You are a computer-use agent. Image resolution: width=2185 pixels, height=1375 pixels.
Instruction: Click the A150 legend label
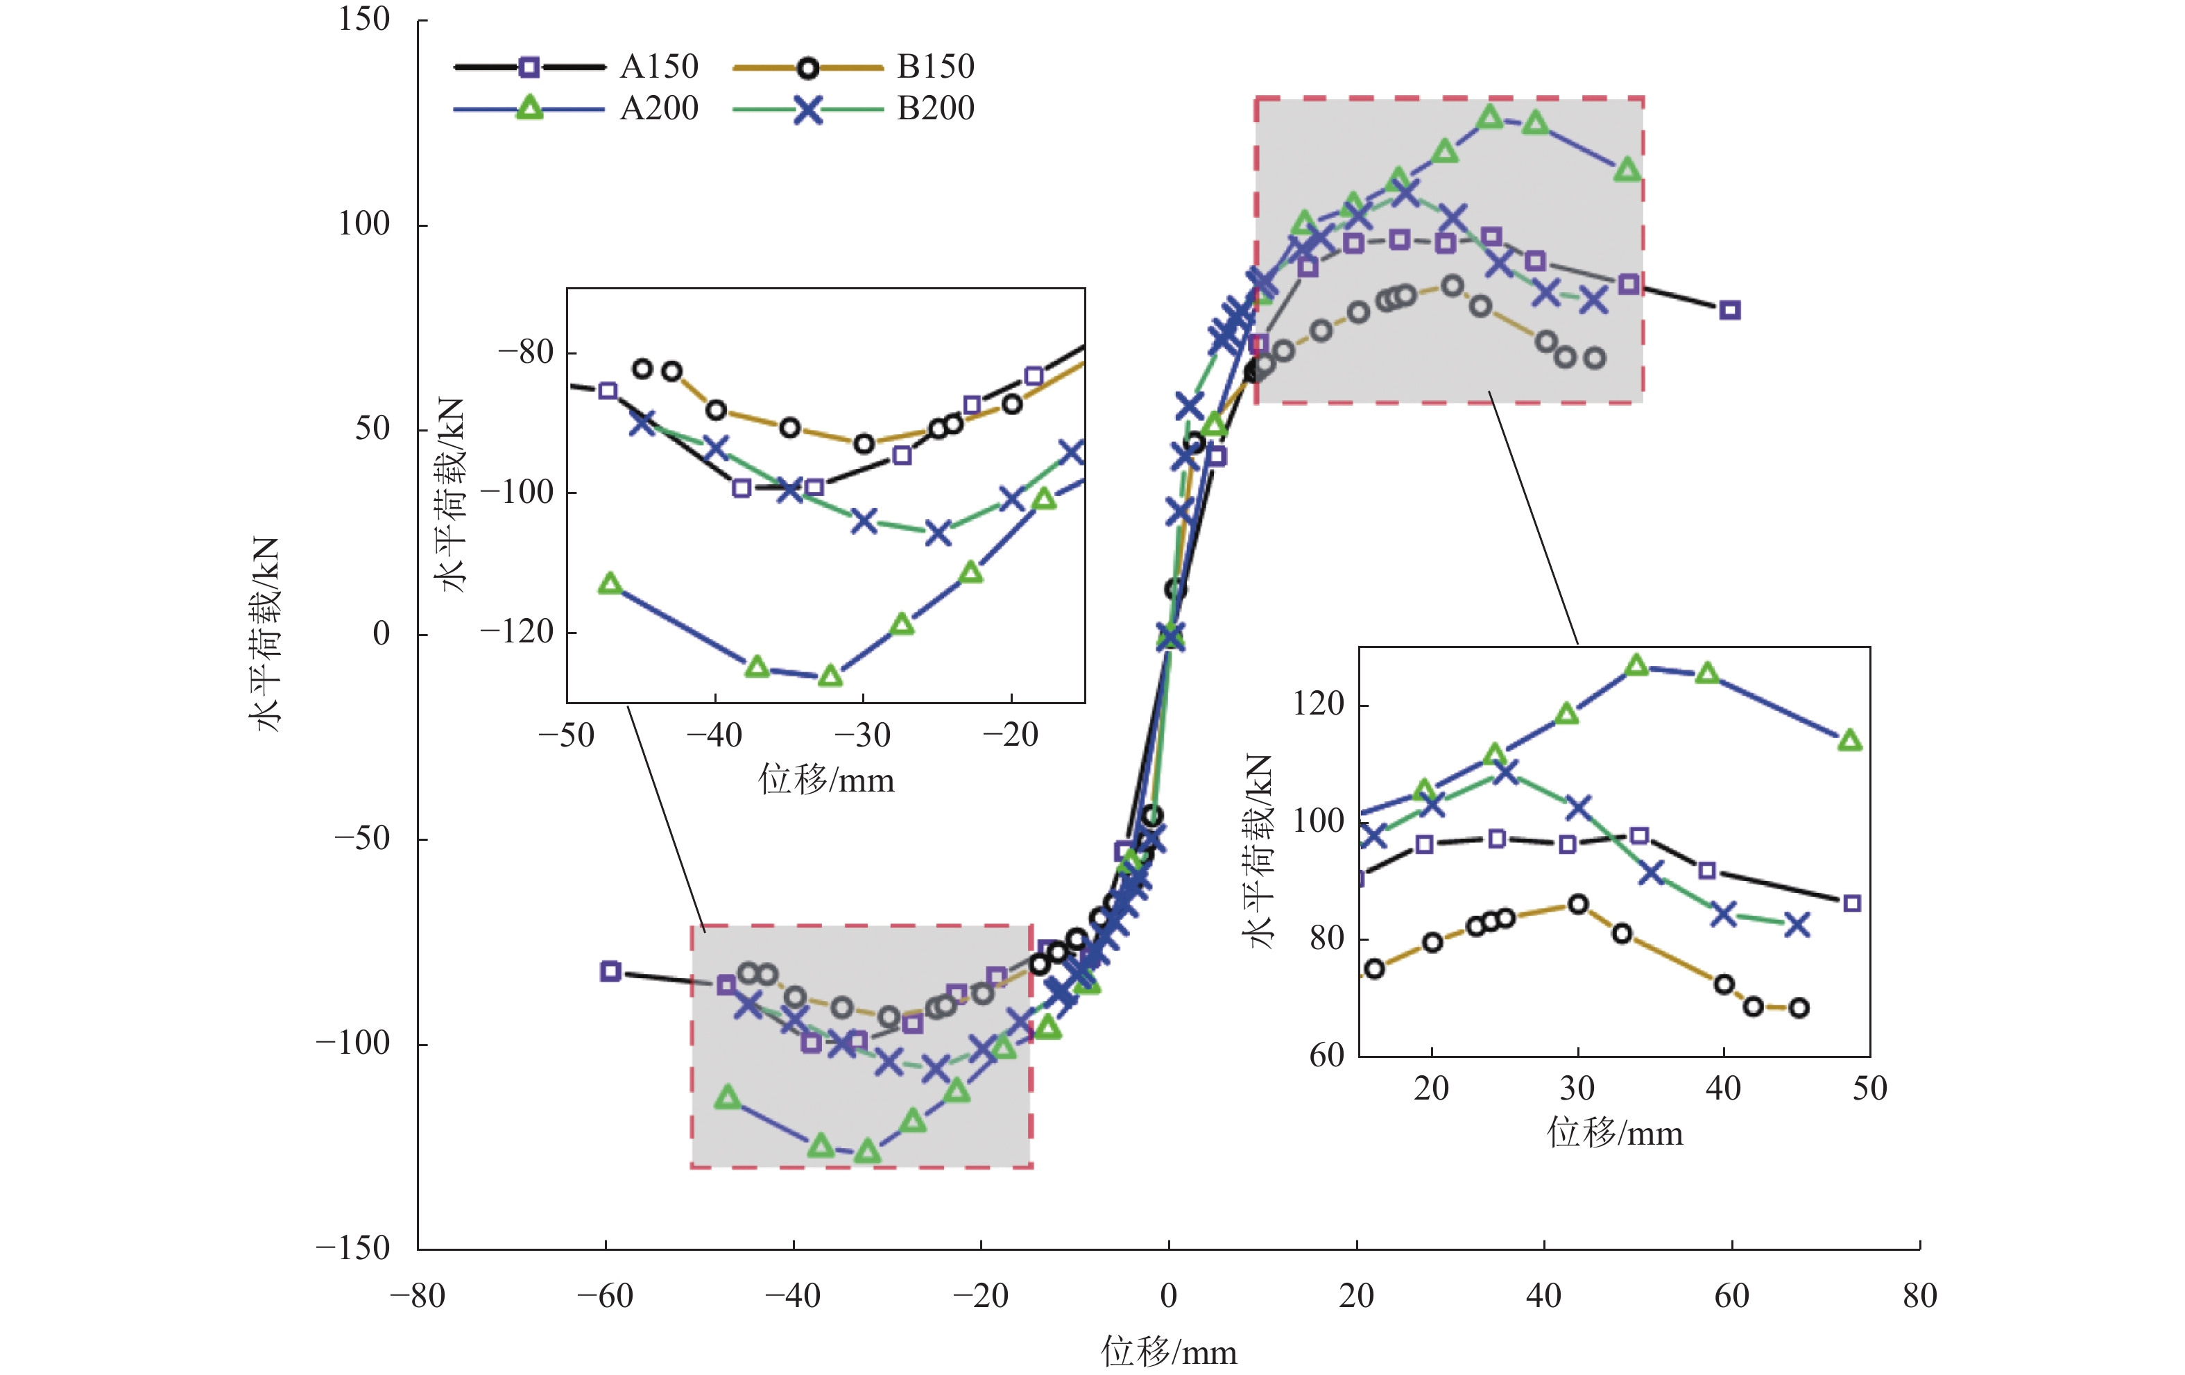659,67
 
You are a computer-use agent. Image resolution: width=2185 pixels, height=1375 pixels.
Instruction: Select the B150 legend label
936,67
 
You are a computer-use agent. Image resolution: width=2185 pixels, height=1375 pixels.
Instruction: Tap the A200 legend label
659,108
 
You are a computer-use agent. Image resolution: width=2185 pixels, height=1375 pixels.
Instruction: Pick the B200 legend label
936,108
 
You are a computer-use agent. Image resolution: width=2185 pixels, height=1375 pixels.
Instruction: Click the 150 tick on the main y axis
364,19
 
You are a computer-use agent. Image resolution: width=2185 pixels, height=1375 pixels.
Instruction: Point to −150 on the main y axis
353,1248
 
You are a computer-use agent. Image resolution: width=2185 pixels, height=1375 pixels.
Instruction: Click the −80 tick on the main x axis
418,1295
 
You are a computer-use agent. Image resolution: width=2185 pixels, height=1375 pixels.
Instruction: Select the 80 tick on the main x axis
1919,1295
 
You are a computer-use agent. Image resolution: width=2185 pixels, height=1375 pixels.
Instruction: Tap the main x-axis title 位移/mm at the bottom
1169,1352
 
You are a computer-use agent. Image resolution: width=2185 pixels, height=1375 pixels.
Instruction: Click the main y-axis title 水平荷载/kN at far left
265,633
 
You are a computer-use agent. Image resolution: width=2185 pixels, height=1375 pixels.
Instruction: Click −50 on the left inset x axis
566,734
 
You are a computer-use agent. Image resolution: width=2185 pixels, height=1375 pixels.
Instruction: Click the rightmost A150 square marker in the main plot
1731,310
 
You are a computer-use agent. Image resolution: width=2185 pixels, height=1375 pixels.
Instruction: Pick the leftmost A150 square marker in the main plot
610,971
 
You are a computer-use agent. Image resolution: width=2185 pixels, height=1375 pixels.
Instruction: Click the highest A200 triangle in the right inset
1636,665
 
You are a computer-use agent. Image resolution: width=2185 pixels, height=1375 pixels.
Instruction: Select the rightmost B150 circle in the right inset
1799,1007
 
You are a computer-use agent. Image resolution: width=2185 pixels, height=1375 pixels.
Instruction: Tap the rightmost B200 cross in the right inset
1797,925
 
